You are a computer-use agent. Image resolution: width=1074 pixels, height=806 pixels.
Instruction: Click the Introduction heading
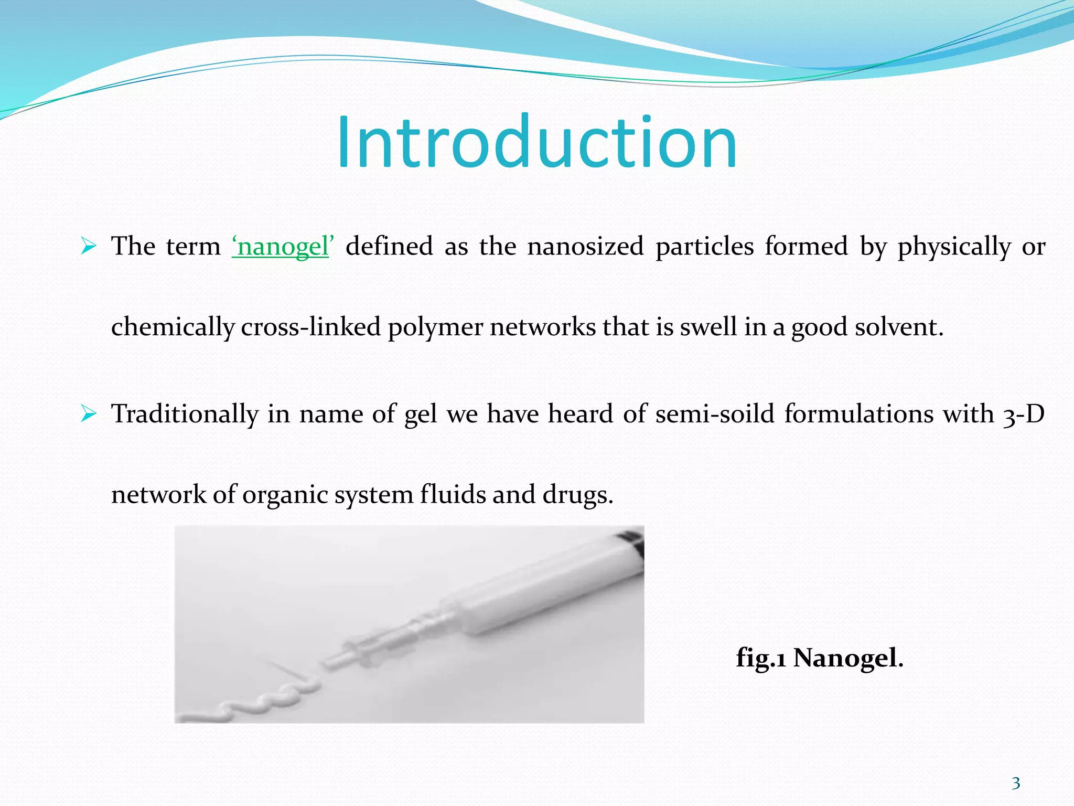[536, 143]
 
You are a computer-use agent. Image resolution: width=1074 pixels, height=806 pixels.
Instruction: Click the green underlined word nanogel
[282, 246]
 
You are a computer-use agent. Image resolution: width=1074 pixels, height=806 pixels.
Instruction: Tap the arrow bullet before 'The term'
[89, 246]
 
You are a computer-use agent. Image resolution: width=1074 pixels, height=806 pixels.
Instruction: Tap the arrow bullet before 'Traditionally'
[89, 414]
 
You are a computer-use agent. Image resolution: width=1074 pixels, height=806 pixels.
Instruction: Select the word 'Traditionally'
[185, 414]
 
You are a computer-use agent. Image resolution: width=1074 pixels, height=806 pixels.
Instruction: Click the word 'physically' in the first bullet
[954, 246]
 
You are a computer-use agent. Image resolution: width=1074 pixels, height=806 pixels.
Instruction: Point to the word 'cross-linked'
[310, 327]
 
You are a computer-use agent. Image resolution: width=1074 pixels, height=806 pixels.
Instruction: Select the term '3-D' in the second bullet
[1023, 414]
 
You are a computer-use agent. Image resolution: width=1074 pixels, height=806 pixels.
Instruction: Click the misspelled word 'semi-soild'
[714, 414]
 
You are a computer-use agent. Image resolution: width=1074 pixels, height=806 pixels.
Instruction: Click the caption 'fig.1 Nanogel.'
[819, 658]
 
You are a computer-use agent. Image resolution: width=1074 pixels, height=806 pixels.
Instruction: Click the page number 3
[1016, 783]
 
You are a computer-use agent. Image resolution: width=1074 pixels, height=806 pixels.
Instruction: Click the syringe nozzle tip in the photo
[330, 664]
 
